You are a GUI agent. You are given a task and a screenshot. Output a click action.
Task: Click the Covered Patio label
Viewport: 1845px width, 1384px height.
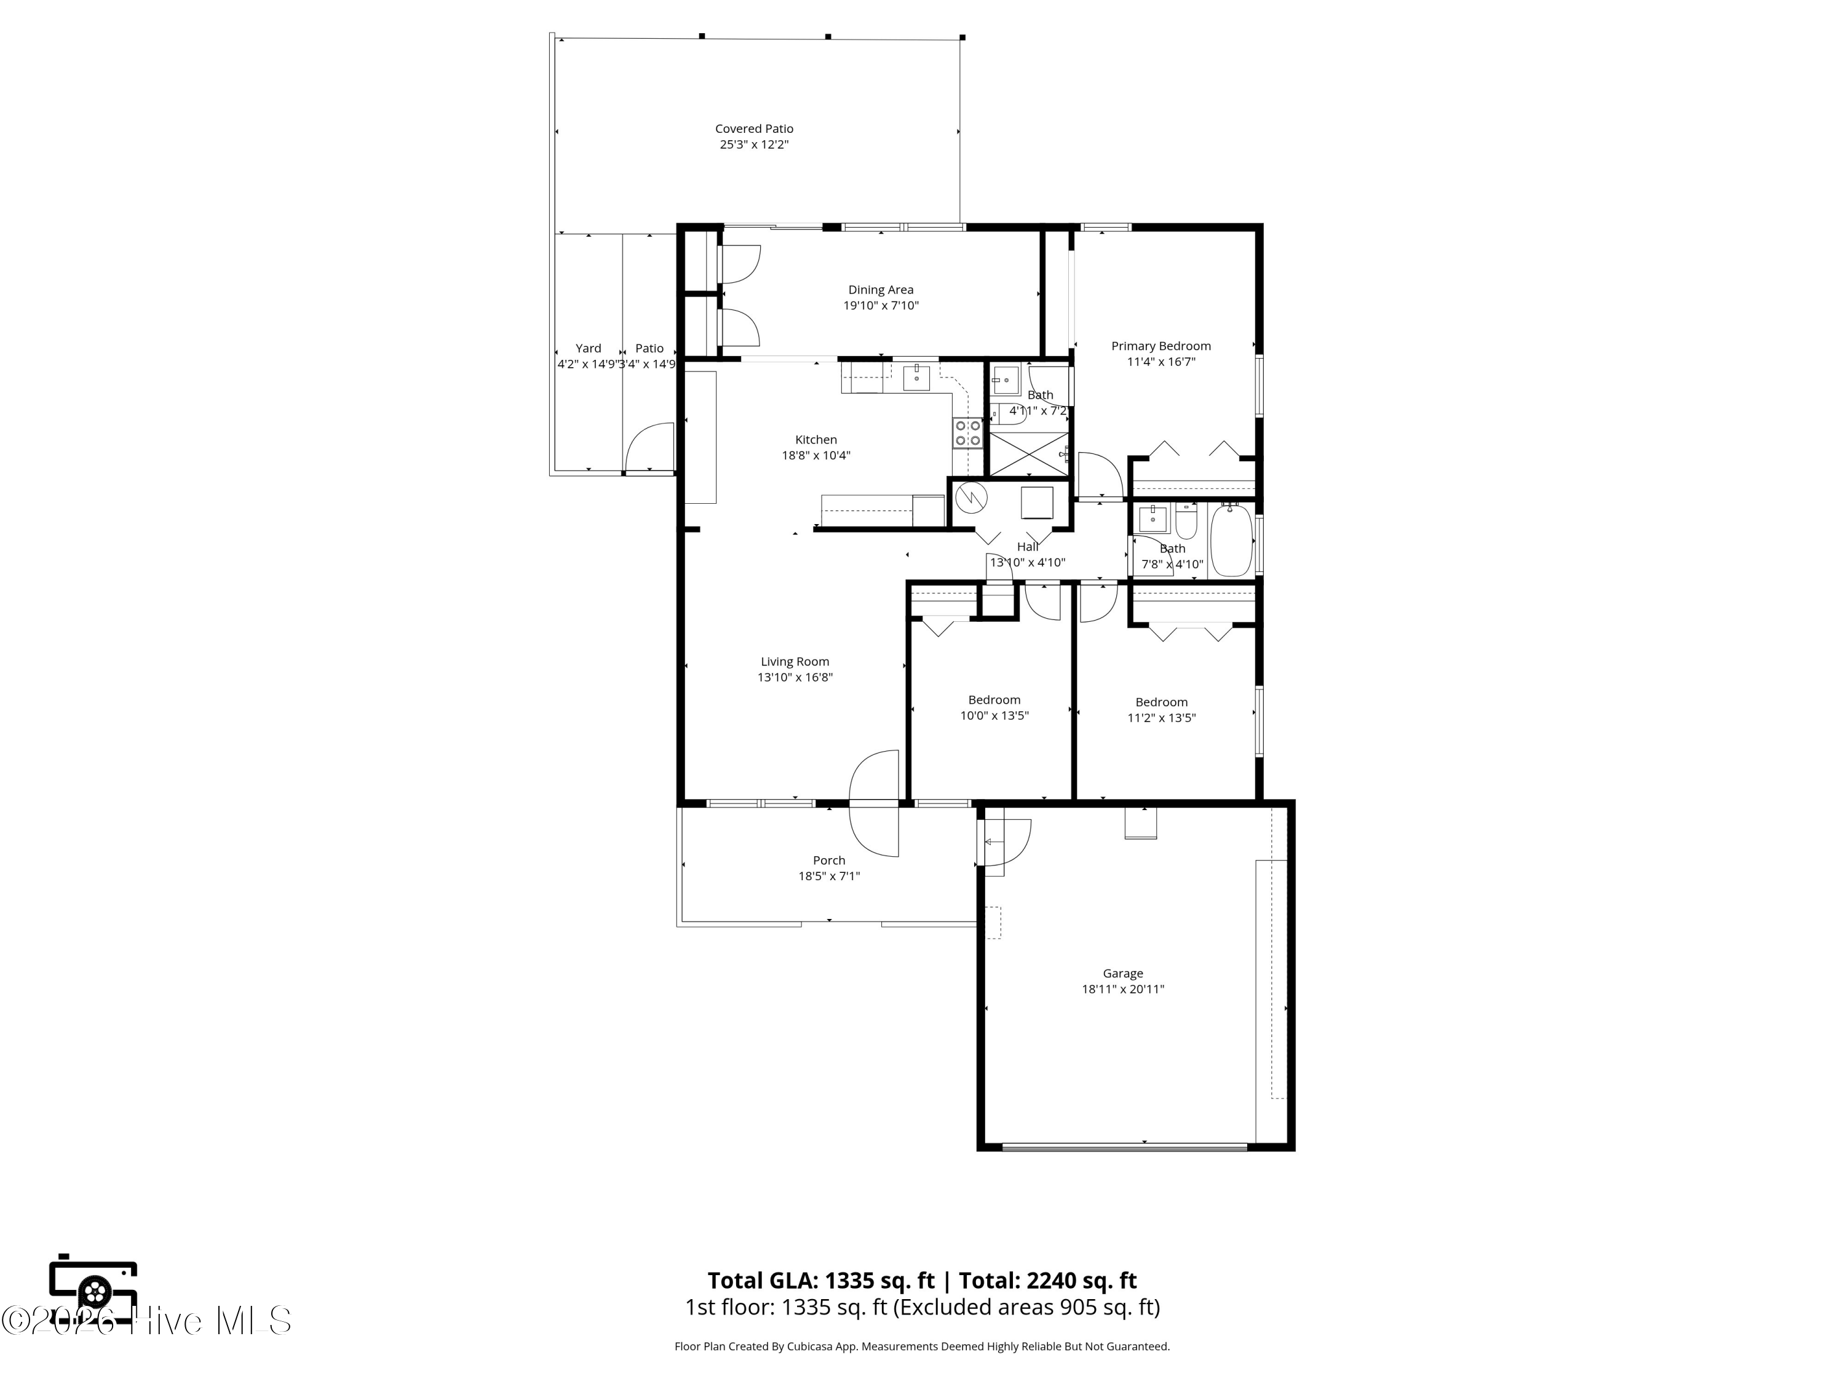(x=753, y=129)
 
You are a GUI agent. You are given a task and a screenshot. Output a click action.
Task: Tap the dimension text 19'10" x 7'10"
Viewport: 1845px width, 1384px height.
(x=880, y=305)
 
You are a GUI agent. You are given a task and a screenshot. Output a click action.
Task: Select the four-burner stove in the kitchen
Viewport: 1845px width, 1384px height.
(x=967, y=433)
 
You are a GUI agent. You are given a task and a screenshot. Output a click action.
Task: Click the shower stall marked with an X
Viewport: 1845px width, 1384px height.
(x=1028, y=454)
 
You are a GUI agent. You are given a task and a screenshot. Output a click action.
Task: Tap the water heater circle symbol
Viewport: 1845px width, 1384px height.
(x=971, y=498)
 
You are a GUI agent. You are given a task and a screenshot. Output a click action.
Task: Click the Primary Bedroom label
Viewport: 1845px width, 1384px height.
(x=1161, y=345)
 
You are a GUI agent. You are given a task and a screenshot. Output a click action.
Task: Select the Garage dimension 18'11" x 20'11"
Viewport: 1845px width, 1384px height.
(x=1122, y=988)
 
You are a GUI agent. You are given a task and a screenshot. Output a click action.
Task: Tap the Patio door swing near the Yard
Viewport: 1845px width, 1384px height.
(x=651, y=448)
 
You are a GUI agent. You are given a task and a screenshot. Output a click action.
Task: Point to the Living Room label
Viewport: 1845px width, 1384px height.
(x=794, y=661)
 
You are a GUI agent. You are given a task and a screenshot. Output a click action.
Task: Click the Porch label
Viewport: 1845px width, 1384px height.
(x=828, y=860)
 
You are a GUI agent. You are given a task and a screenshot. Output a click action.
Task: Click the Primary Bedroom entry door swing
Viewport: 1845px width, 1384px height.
(x=1100, y=476)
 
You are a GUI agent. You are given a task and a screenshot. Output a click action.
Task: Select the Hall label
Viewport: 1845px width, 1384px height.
(x=1027, y=546)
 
